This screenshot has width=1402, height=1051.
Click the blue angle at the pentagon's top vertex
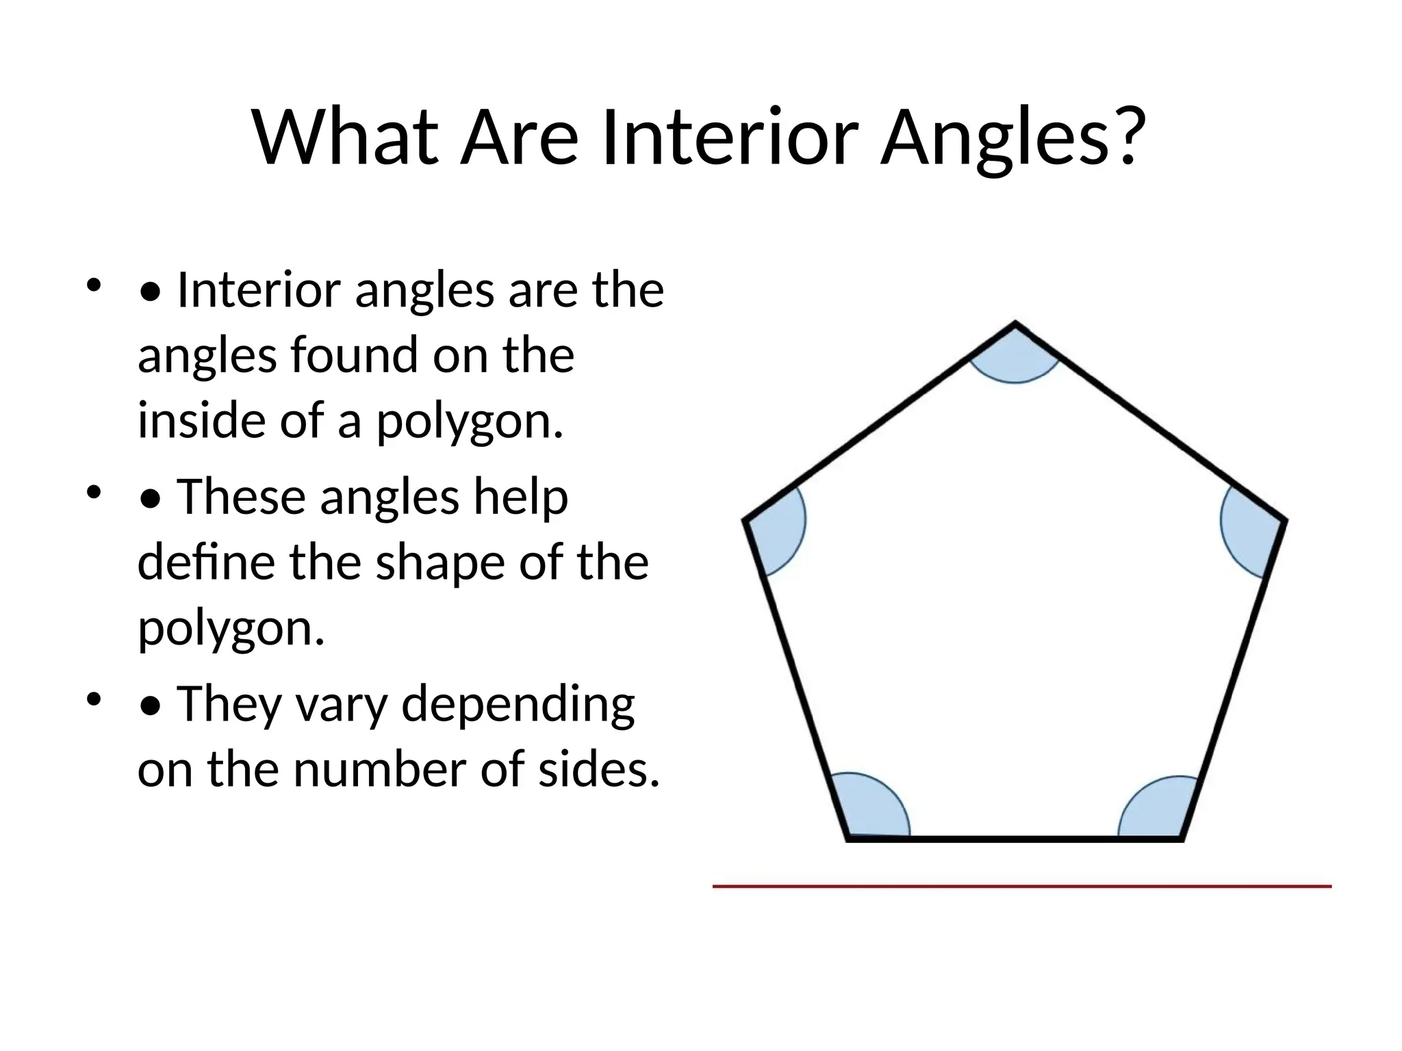click(1015, 359)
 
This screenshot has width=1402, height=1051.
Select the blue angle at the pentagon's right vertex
click(1250, 528)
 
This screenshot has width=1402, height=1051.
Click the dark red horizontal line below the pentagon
click(1021, 887)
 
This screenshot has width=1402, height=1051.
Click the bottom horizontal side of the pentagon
click(1015, 838)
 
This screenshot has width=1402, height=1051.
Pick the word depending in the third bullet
click(518, 704)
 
